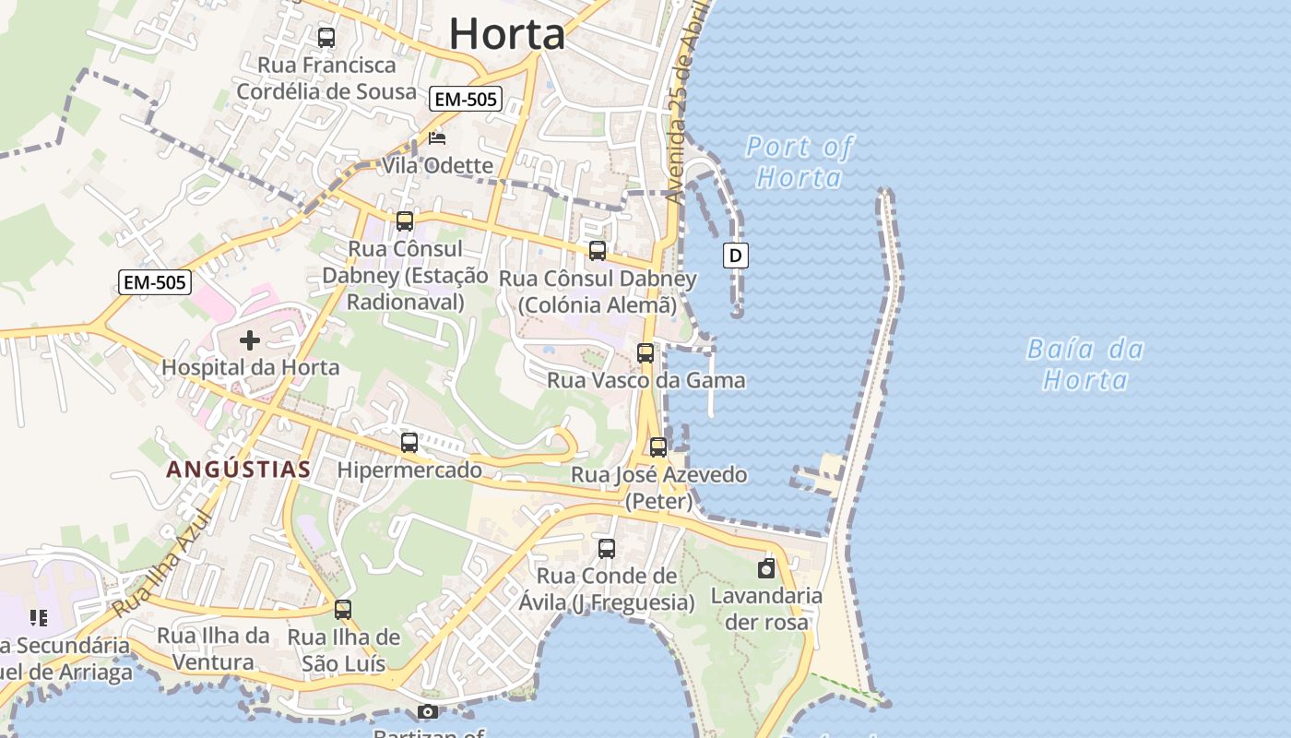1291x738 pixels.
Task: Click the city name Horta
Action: tap(506, 34)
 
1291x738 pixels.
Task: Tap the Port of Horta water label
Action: tap(799, 161)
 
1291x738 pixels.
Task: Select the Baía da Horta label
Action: tap(1085, 364)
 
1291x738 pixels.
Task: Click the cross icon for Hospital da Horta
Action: tap(249, 340)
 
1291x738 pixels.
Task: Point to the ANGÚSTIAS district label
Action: tap(238, 470)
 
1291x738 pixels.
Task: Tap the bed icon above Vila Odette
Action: tap(437, 138)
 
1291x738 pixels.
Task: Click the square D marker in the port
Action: tap(735, 256)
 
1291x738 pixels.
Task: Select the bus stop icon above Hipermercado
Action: tap(409, 443)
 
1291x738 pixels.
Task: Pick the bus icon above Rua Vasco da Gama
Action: tap(645, 352)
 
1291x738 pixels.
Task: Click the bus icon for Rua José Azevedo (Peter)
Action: tap(658, 447)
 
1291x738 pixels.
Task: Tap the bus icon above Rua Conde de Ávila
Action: tap(607, 549)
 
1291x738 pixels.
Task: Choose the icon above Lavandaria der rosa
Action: tap(766, 568)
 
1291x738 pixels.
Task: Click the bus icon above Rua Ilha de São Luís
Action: tap(343, 610)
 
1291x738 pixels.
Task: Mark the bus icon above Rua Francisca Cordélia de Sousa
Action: tap(326, 38)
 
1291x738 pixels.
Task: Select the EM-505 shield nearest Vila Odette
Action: tap(466, 100)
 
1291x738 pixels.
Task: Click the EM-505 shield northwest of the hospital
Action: tap(155, 282)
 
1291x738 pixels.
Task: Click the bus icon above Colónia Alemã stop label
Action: tap(598, 251)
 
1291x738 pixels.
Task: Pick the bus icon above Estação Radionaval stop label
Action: tap(405, 221)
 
